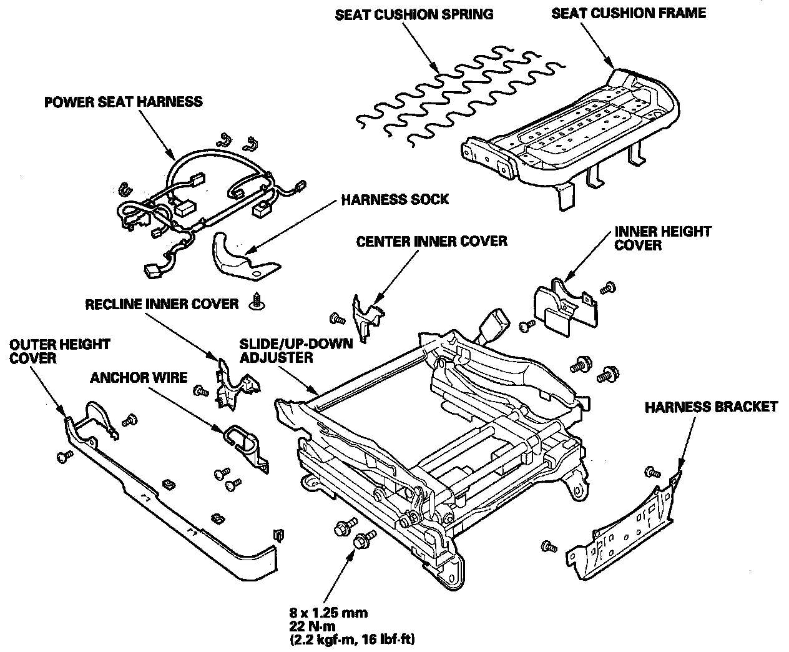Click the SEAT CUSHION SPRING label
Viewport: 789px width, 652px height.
point(414,14)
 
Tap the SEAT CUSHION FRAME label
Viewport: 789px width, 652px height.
point(629,13)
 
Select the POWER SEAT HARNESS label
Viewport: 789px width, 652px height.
point(124,102)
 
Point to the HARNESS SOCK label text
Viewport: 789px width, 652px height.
point(395,199)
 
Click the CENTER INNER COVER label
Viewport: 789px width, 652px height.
point(431,241)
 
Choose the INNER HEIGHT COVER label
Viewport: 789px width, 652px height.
point(663,239)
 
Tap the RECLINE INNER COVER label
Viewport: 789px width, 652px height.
point(162,304)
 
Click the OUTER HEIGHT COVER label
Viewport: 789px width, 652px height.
point(60,352)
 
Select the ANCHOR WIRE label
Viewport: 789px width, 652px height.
point(139,377)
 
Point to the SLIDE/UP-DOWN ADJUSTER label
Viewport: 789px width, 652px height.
point(296,350)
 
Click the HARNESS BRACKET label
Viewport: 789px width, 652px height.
point(711,407)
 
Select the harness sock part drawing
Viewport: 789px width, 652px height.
point(245,257)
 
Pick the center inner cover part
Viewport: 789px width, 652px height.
point(366,319)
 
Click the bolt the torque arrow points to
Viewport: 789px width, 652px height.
point(363,539)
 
